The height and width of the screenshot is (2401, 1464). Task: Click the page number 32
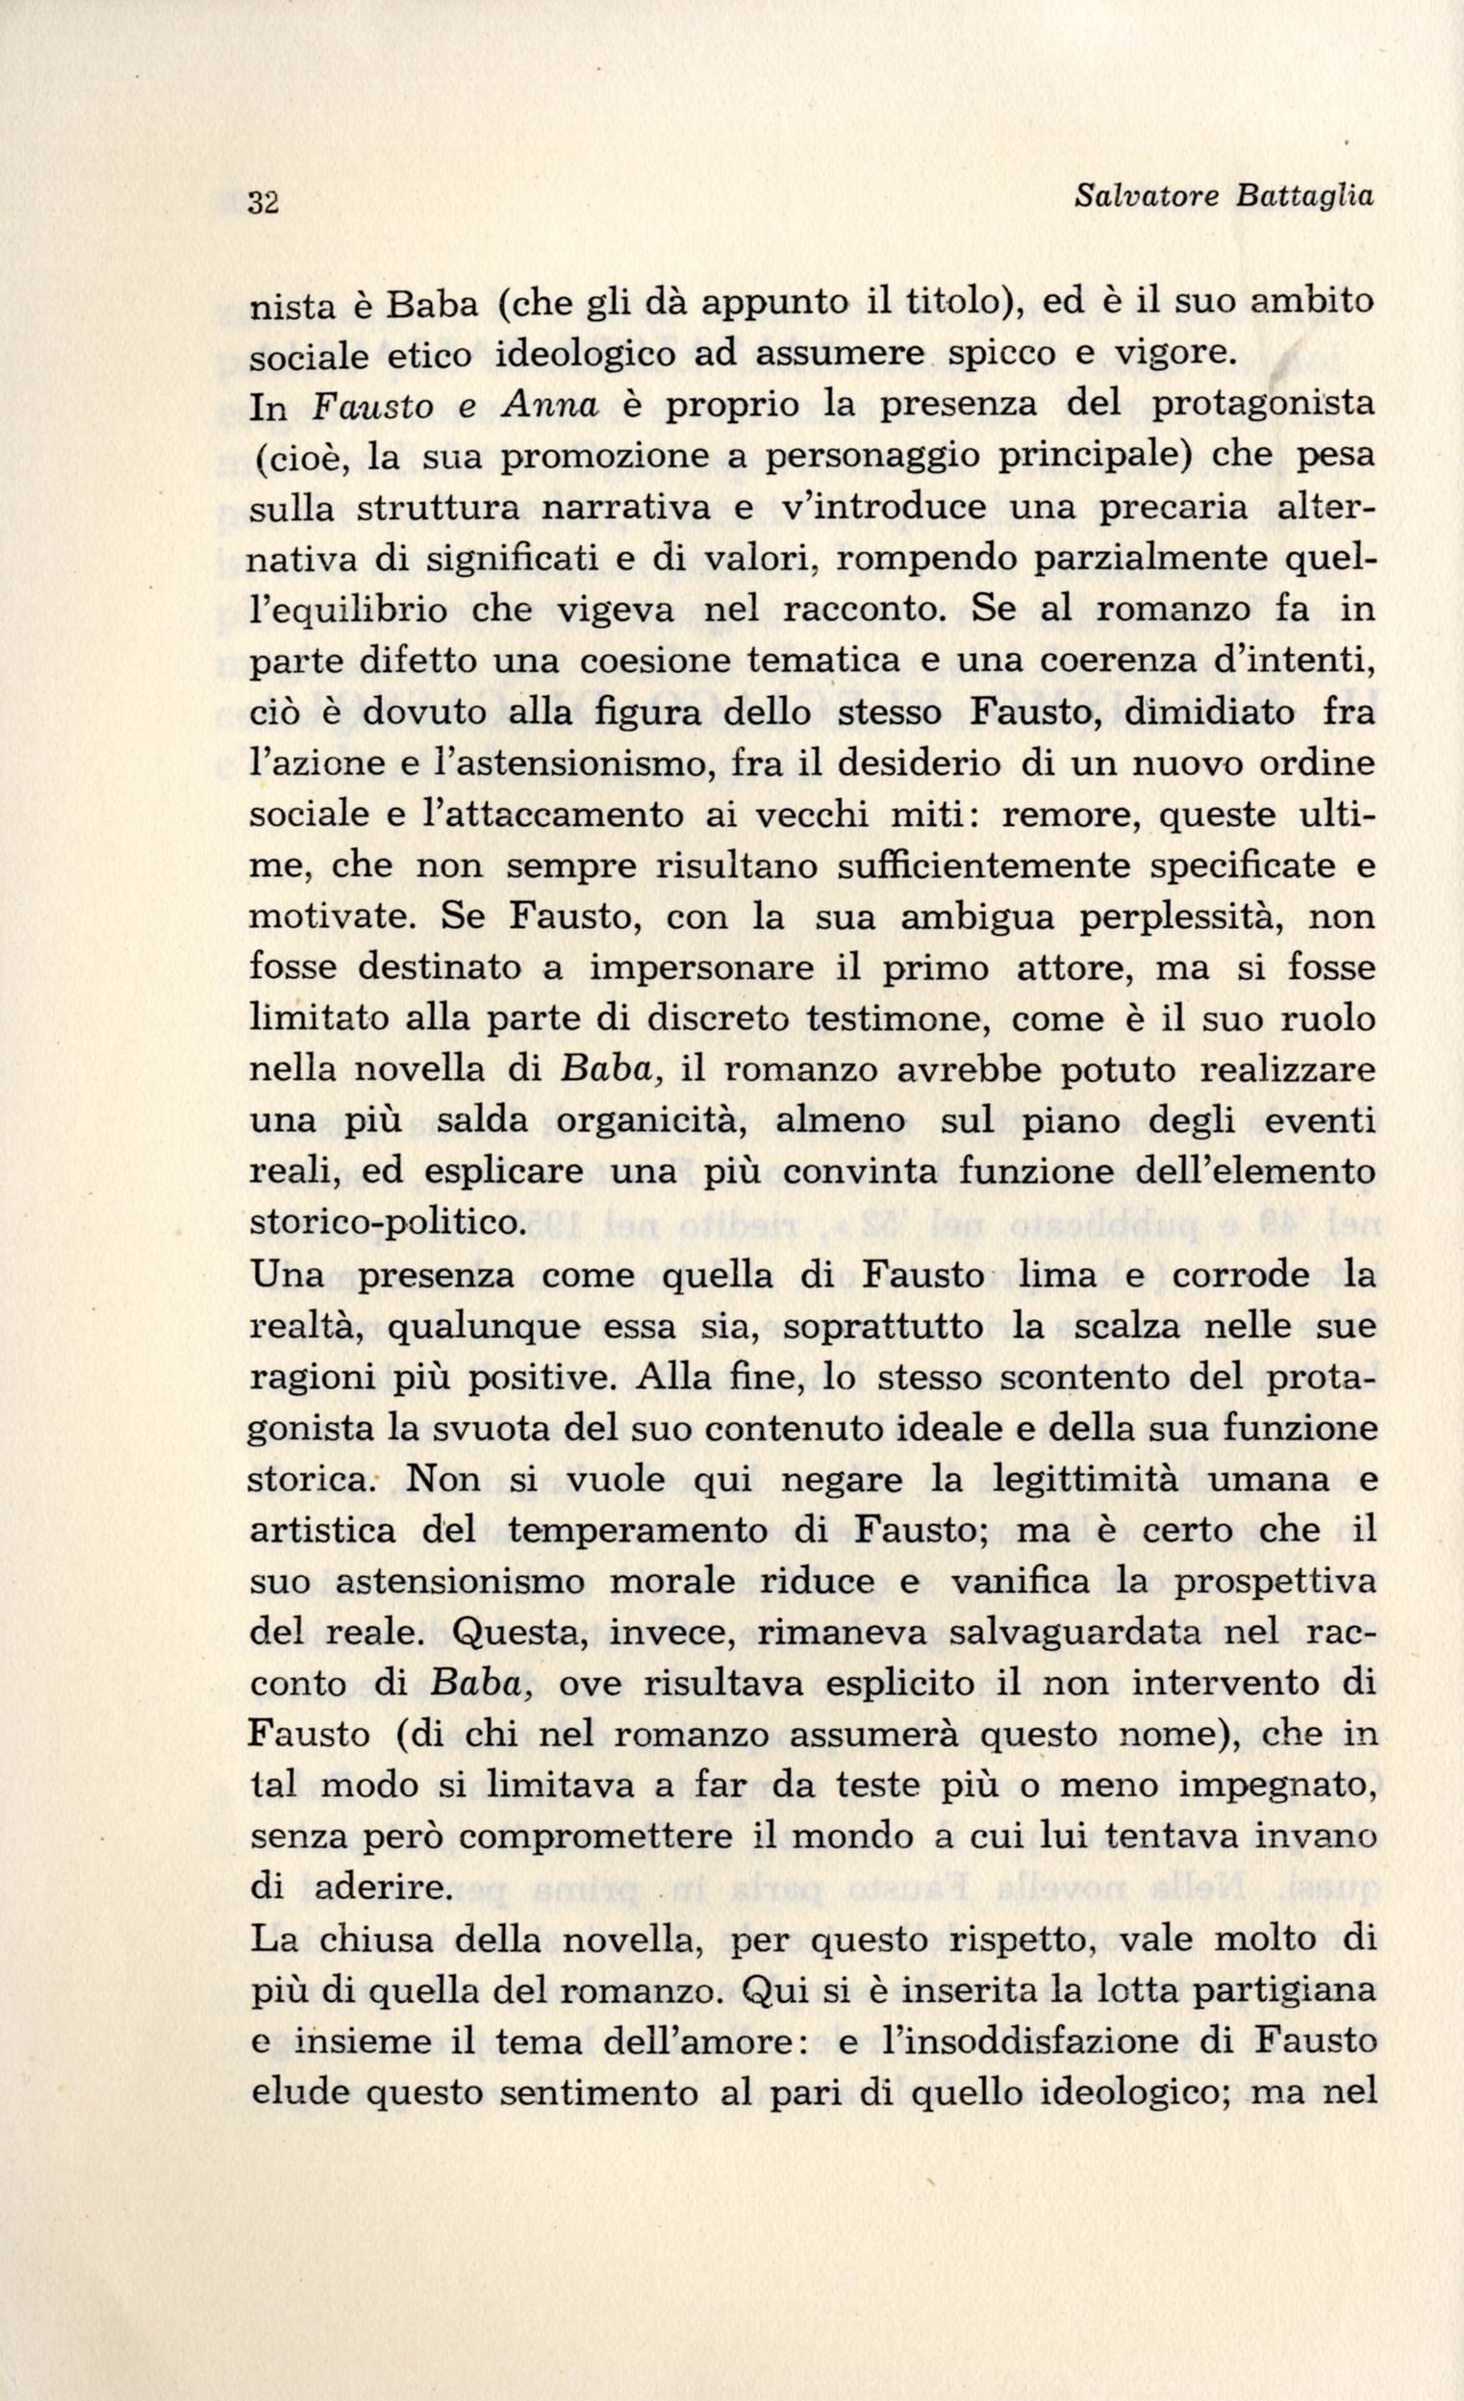point(265,203)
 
